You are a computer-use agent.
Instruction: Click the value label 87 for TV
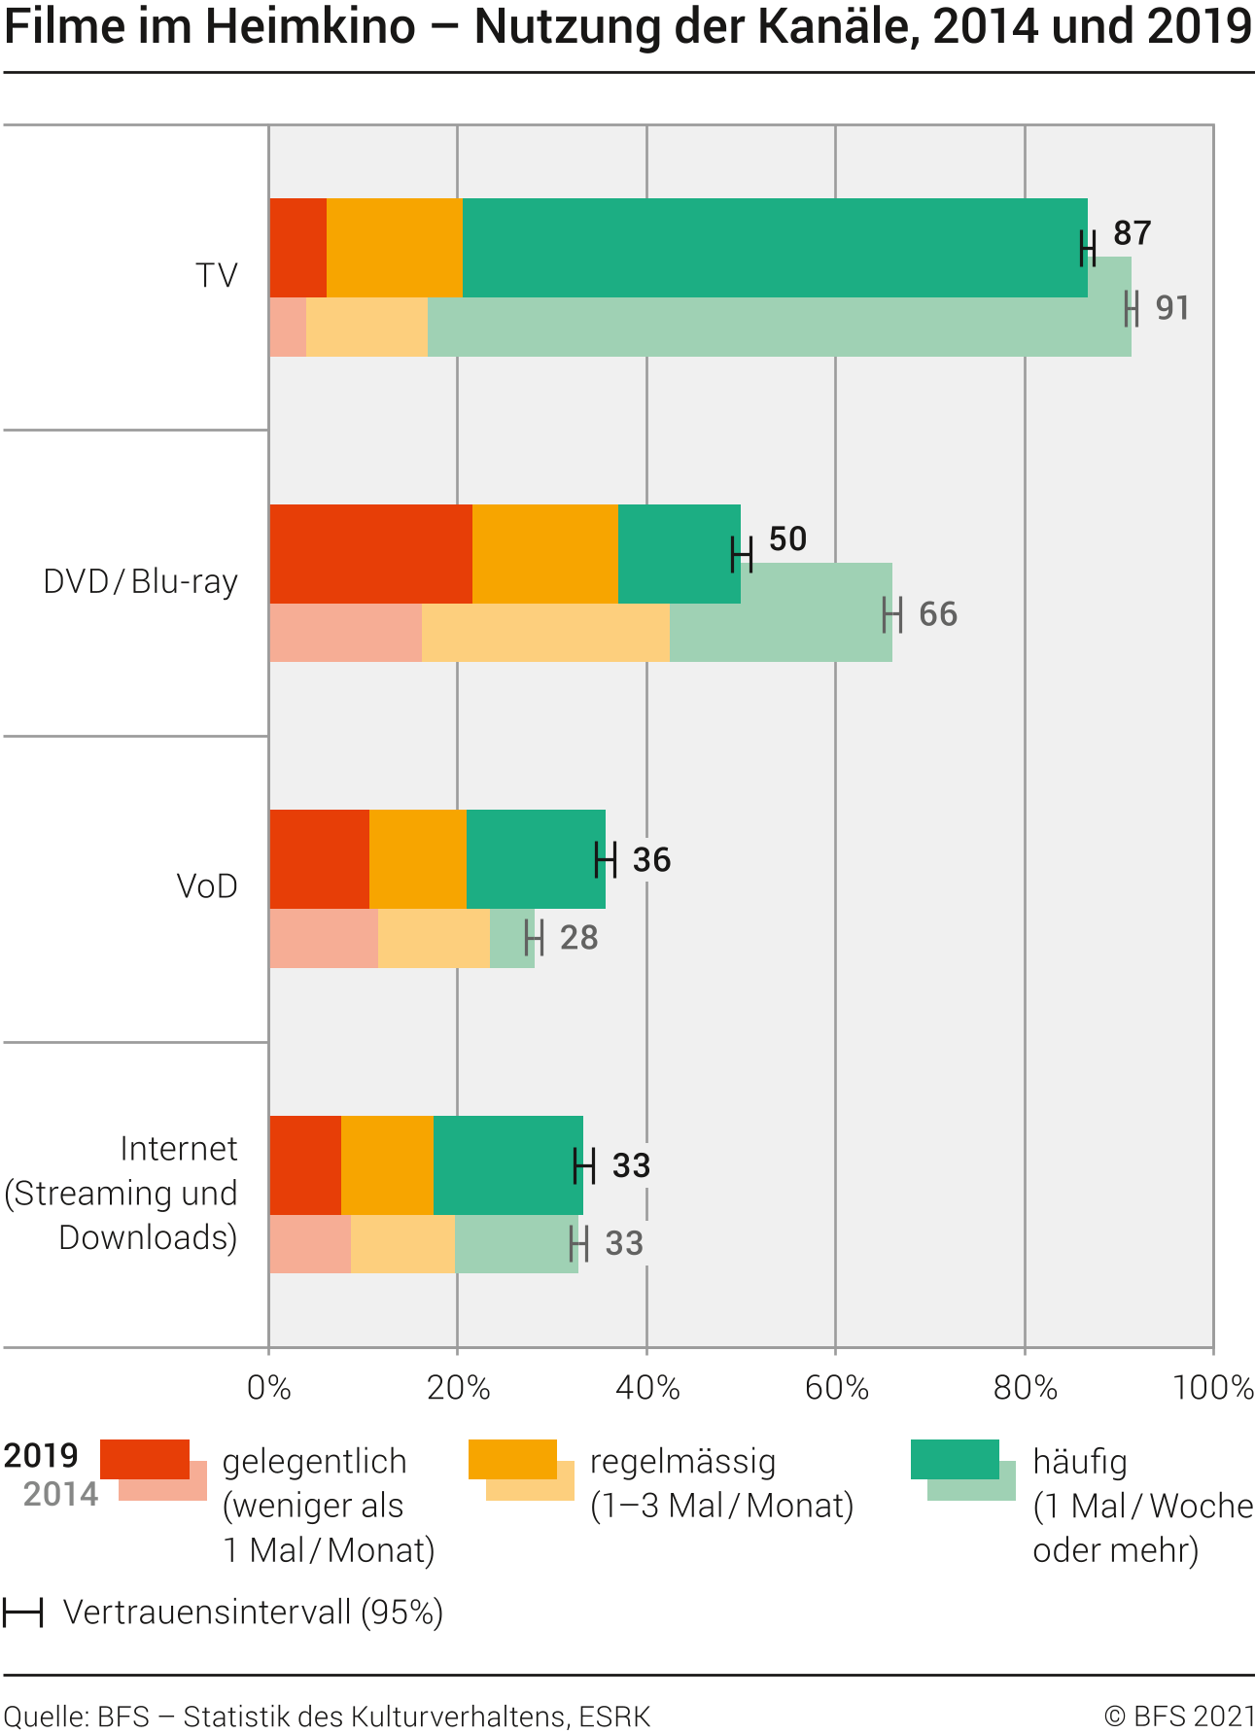[x=1132, y=234]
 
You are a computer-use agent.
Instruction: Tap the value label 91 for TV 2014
[x=1172, y=309]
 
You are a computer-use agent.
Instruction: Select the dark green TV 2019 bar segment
[x=774, y=247]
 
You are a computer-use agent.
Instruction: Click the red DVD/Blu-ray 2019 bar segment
[x=369, y=553]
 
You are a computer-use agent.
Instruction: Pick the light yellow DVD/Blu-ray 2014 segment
[x=545, y=633]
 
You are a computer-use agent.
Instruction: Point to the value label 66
[x=938, y=615]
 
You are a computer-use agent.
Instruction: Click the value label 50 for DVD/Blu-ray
[x=787, y=539]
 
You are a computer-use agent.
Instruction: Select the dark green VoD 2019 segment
[x=535, y=859]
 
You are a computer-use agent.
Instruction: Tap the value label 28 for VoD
[x=579, y=938]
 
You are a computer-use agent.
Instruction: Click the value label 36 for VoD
[x=651, y=860]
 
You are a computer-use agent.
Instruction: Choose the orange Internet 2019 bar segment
[x=387, y=1164]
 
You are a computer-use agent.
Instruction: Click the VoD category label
[x=207, y=886]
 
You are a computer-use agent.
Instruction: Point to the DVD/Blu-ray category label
[x=141, y=582]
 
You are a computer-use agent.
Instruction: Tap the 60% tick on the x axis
[x=836, y=1388]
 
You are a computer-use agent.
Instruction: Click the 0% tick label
[x=269, y=1388]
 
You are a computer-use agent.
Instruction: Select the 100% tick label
[x=1213, y=1388]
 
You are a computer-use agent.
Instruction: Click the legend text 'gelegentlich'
[x=314, y=1462]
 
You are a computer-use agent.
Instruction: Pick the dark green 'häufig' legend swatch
[x=954, y=1458]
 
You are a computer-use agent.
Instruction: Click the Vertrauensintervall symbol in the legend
[x=22, y=1613]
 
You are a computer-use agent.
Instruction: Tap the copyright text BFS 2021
[x=1178, y=1717]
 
